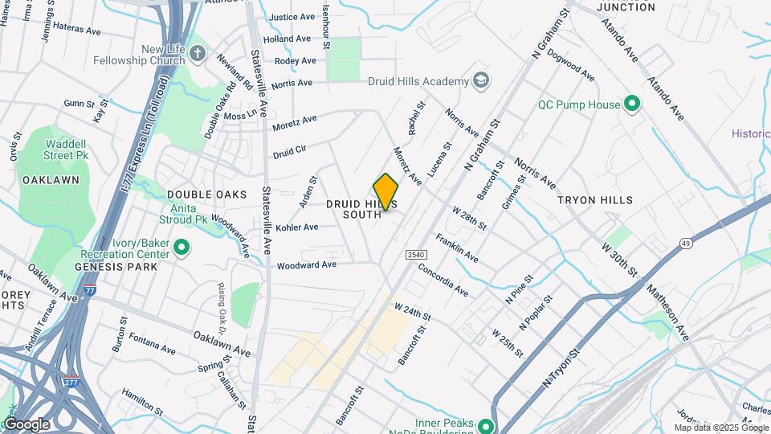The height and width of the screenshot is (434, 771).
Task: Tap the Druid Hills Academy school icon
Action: click(481, 81)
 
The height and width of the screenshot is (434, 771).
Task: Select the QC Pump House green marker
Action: click(631, 104)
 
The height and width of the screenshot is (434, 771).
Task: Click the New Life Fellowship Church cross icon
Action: click(198, 55)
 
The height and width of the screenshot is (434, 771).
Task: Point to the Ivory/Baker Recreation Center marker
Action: click(182, 248)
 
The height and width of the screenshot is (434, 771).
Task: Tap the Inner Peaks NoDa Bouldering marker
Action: click(486, 425)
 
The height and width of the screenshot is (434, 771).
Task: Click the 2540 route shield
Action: click(414, 255)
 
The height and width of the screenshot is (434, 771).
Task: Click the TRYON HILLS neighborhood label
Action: click(596, 200)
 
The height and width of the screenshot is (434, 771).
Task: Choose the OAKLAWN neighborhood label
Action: click(51, 180)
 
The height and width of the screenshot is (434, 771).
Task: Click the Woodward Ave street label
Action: click(307, 264)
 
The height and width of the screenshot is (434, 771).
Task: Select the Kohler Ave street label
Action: click(296, 227)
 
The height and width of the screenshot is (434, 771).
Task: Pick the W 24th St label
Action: click(413, 310)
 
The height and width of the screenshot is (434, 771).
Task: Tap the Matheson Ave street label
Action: click(667, 309)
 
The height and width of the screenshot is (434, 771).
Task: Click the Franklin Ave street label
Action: click(456, 248)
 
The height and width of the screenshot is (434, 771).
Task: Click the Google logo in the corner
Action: click(27, 424)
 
